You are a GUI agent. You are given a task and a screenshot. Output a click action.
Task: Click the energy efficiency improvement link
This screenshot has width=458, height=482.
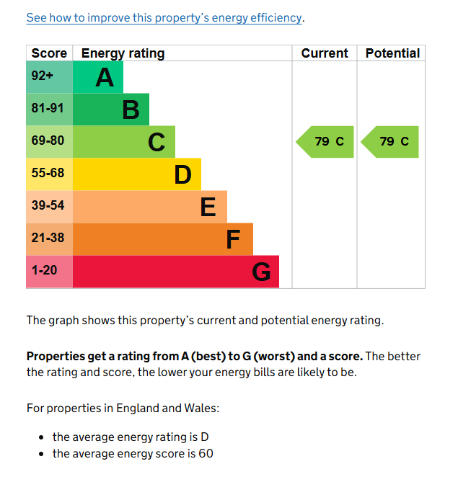tap(164, 18)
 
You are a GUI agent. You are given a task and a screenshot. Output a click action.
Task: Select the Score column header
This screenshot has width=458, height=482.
tap(49, 53)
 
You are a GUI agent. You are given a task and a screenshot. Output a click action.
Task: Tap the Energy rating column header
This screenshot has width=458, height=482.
tap(123, 53)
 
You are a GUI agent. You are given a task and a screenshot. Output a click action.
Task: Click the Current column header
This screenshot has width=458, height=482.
tap(325, 53)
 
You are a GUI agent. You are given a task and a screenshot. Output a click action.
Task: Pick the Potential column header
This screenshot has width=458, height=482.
tap(393, 53)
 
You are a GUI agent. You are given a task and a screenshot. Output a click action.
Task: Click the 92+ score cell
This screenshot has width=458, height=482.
tap(49, 77)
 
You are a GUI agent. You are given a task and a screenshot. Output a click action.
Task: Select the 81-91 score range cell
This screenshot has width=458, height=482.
tap(49, 110)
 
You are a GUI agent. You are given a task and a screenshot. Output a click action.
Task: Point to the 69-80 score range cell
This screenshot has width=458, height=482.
tap(49, 142)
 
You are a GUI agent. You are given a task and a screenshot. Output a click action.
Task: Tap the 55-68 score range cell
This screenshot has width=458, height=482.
tap(49, 174)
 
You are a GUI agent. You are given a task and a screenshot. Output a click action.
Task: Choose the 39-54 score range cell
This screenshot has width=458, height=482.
tap(49, 207)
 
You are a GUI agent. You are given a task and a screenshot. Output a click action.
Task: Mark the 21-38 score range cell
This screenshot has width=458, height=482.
tap(49, 239)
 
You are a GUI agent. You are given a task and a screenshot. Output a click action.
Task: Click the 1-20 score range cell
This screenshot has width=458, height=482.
tap(49, 272)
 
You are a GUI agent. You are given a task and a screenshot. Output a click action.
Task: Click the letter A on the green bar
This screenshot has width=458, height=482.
tap(105, 77)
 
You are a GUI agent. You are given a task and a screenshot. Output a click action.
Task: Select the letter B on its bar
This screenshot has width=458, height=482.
tap(131, 110)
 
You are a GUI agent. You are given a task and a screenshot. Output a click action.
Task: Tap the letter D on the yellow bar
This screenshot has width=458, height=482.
tap(182, 174)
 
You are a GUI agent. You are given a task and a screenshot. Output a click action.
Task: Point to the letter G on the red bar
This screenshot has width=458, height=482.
tap(261, 272)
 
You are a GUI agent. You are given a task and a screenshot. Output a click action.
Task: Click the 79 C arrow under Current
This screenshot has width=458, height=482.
tap(325, 142)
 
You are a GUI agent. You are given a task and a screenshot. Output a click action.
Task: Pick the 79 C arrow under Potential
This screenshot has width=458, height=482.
tap(389, 142)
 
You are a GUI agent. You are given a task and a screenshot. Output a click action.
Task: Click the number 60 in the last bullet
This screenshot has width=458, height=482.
tap(206, 453)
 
